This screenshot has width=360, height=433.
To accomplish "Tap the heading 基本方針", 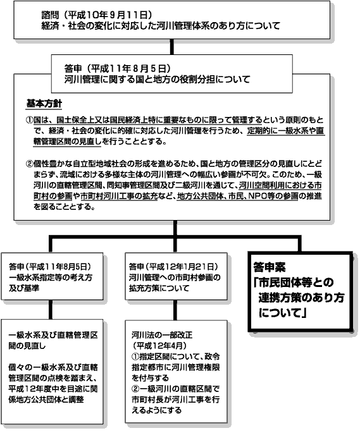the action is [44, 104].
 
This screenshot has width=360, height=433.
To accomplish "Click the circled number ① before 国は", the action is [29, 120].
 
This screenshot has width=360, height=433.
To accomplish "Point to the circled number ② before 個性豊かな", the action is [29, 164].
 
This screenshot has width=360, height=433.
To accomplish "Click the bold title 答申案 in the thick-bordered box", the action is [270, 267].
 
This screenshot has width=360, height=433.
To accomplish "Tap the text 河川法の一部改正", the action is [162, 335].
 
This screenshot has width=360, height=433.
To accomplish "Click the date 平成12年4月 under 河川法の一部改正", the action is [159, 346].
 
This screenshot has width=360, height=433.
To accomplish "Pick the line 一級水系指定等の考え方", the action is [51, 277].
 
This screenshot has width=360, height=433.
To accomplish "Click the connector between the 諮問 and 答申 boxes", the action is [171, 46].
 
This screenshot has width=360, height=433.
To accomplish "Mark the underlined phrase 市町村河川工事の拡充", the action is [119, 196].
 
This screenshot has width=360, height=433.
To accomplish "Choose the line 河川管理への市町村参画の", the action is [175, 277].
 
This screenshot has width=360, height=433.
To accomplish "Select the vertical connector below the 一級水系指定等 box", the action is [51, 310].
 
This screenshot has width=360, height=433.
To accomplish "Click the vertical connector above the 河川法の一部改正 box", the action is [175, 310].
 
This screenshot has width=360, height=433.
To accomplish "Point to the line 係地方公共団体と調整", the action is [46, 399].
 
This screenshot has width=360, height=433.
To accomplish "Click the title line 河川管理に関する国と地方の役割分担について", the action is [157, 80].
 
